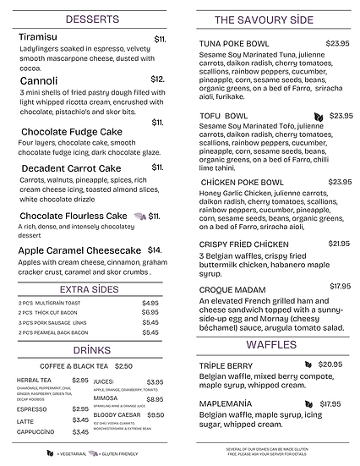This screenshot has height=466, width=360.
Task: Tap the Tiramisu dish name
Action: point(40,39)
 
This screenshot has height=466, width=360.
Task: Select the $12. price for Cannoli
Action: point(159,79)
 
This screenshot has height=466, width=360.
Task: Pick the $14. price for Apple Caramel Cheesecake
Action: point(155,250)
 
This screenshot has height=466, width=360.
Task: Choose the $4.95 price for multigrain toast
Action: point(150,303)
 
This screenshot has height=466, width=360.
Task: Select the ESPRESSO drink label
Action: point(33,408)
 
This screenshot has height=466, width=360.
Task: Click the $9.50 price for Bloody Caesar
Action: point(155,415)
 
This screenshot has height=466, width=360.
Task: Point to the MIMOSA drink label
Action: point(106,398)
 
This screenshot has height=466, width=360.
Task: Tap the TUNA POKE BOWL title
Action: point(233,43)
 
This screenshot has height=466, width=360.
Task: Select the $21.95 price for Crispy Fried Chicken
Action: point(339,244)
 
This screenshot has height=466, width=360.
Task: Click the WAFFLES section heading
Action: point(271,345)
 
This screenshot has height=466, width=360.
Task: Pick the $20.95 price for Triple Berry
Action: point(330,365)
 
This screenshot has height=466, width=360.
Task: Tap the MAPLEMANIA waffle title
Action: point(228,403)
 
